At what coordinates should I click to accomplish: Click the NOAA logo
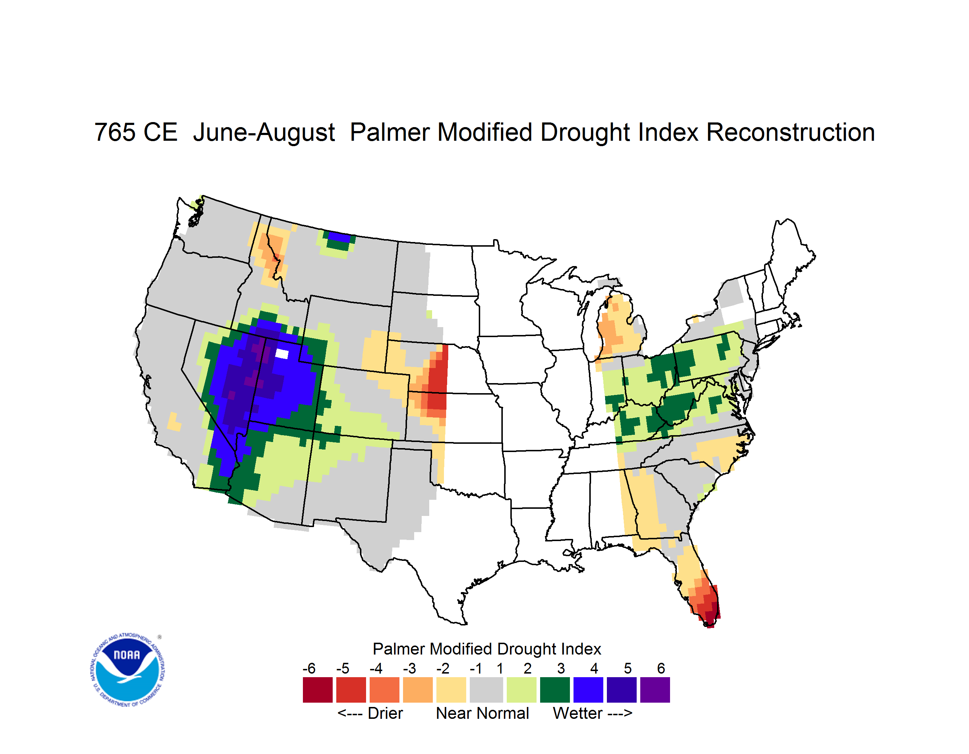point(127,670)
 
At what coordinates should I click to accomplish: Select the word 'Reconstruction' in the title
point(790,132)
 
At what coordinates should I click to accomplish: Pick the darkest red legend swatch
point(318,690)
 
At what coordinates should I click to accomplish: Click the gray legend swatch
point(486,690)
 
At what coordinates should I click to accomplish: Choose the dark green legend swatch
point(554,690)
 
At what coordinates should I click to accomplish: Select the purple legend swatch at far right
point(655,690)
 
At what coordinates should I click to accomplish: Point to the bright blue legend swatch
point(588,690)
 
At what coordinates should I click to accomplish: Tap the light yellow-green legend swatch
point(521,690)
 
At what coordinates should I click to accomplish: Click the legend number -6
point(309,668)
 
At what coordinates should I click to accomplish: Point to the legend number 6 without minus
point(661,668)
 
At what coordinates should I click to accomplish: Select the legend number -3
point(409,668)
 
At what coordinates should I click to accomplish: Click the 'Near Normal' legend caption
point(482,713)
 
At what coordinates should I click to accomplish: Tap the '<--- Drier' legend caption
point(370,713)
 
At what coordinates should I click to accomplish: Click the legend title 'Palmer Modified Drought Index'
point(487,649)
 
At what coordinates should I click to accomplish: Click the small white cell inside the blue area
point(282,354)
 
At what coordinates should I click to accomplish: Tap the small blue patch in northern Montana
point(340,237)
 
